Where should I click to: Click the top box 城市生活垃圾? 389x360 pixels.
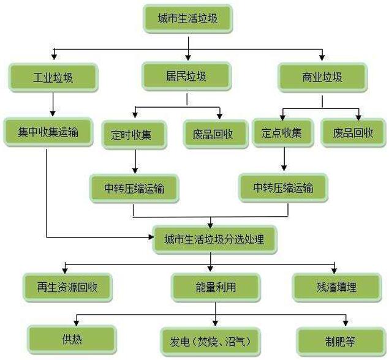click(x=187, y=19)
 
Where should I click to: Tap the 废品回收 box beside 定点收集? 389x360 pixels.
click(x=353, y=132)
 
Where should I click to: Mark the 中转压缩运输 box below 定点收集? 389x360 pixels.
click(x=283, y=187)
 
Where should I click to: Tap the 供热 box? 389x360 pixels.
click(x=72, y=339)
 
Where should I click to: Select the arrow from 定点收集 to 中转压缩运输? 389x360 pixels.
click(x=283, y=160)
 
